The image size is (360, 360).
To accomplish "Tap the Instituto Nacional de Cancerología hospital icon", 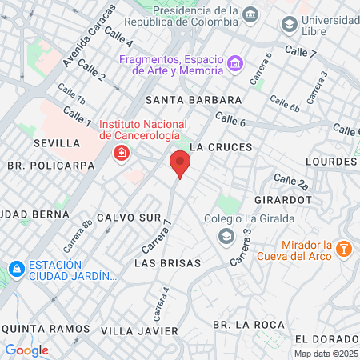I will point(122,153).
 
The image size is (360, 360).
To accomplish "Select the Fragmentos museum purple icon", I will point(234,63).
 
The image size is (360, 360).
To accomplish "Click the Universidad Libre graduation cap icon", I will point(289,24).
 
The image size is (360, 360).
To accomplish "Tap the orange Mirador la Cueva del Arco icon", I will point(344,250).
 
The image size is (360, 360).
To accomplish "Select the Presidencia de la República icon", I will point(250,15).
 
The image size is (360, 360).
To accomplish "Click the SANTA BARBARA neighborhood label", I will point(194,99).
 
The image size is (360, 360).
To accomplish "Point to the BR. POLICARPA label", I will point(50,166).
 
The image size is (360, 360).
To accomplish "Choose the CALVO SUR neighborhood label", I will point(129,218).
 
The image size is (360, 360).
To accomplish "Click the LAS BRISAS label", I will point(166,262).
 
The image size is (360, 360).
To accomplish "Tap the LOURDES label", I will point(333,160).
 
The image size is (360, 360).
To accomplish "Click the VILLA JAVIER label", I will point(139,330).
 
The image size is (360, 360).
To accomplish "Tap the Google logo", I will point(26,350).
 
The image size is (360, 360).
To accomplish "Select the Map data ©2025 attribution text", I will point(326,354).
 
